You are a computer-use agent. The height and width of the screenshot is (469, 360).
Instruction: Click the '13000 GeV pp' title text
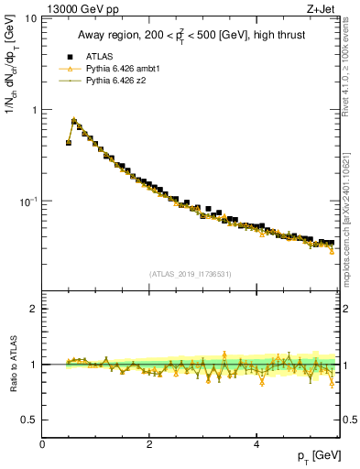[80, 9]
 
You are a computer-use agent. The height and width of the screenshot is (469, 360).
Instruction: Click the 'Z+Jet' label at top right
[321, 9]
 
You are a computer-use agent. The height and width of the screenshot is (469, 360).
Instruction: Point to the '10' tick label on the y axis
[29, 19]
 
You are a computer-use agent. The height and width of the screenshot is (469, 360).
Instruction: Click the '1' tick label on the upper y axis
[33, 110]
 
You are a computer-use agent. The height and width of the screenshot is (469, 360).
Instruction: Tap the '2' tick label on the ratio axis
[33, 309]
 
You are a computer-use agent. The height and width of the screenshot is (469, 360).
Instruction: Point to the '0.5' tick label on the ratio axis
[28, 420]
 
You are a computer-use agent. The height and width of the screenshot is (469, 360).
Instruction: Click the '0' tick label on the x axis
[43, 443]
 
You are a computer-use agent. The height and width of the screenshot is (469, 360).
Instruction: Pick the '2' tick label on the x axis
[149, 443]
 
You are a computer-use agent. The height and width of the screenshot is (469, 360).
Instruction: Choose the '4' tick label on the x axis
[256, 443]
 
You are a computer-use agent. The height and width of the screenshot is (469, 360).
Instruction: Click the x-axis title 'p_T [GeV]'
[319, 456]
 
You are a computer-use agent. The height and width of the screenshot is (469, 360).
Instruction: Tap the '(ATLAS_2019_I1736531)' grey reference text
[191, 274]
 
